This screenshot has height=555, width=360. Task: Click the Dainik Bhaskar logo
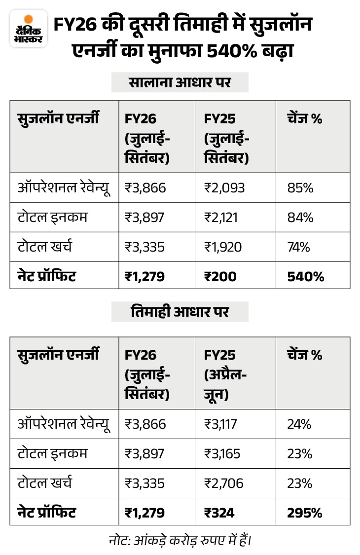coord(29,30)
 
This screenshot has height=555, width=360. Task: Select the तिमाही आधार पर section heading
coord(180,312)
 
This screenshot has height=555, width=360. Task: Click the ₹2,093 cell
coord(224,188)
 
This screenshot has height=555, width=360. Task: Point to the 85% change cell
coord(299,188)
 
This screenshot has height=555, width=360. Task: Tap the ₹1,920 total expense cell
coord(223,247)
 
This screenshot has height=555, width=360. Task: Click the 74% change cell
coord(298,247)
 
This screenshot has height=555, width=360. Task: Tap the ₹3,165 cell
coord(222,454)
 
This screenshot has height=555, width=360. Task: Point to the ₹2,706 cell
coord(224,483)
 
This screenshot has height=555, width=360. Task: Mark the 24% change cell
coord(299,424)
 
